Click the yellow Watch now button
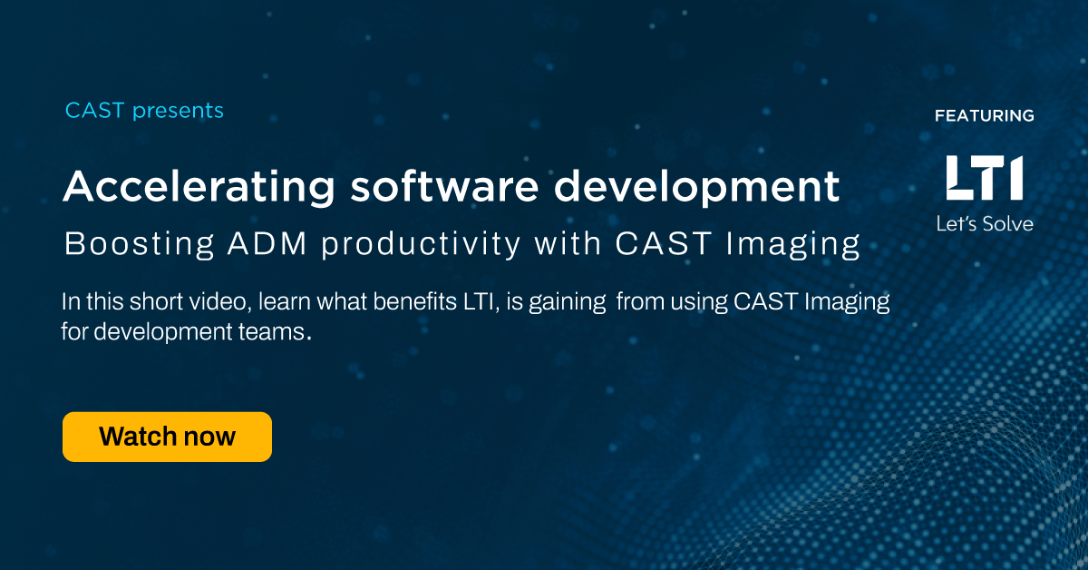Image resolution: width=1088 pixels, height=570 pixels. coord(167,437)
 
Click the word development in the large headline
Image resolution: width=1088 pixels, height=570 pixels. coord(695,187)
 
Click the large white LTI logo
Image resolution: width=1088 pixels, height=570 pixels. coord(984,178)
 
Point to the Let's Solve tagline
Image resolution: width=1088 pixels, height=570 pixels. coord(984,222)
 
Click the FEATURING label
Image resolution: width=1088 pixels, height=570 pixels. coord(984,116)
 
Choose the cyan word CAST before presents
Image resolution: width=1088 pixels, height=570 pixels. coord(95,112)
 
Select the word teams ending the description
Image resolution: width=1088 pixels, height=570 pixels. coord(277,331)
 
